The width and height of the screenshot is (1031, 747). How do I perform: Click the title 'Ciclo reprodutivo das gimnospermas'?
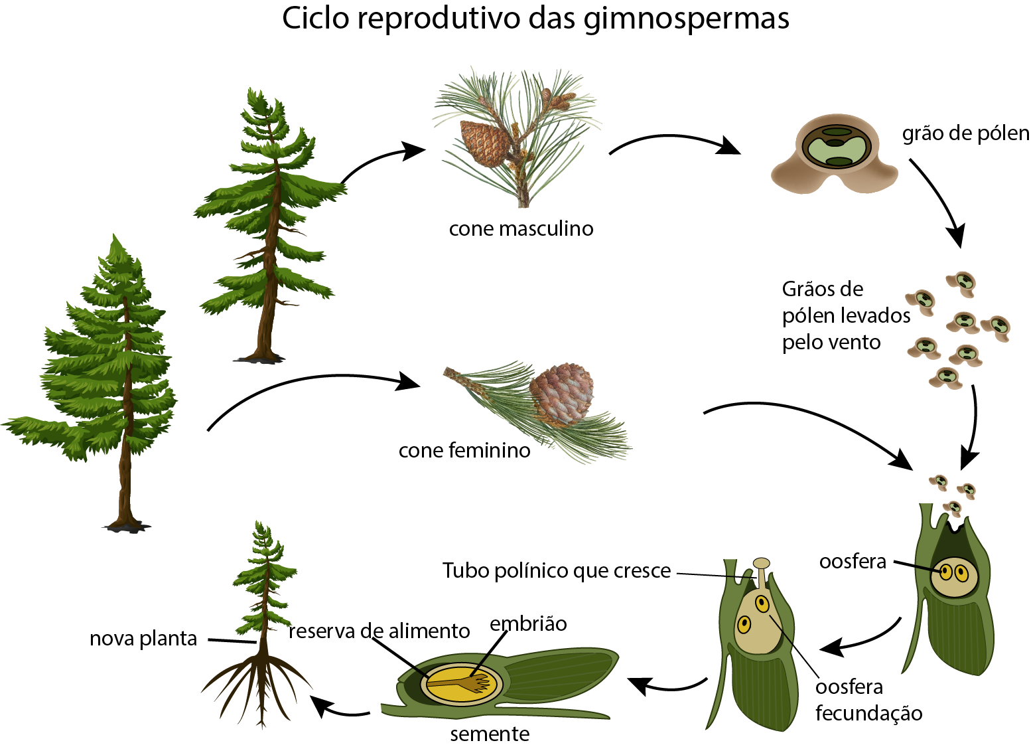(x=535, y=19)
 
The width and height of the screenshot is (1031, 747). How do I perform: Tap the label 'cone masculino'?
(x=521, y=229)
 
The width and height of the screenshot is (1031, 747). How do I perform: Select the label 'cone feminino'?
(x=464, y=450)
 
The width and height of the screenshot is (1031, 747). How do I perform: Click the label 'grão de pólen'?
(x=965, y=134)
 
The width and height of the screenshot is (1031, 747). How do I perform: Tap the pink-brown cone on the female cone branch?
(x=561, y=394)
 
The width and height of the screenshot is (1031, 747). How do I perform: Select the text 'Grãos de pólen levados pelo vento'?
(x=846, y=316)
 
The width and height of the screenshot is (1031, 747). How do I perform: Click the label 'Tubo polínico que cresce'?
(x=557, y=570)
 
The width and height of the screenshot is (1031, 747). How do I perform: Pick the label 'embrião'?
(x=528, y=624)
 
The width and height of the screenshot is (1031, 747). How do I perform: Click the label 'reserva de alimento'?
(x=379, y=631)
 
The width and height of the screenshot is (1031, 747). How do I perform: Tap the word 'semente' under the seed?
(x=490, y=734)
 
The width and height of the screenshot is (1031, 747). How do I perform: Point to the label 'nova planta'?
(x=143, y=639)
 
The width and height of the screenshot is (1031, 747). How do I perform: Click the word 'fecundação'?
(x=869, y=713)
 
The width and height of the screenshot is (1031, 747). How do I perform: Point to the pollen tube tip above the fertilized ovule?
(x=761, y=563)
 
